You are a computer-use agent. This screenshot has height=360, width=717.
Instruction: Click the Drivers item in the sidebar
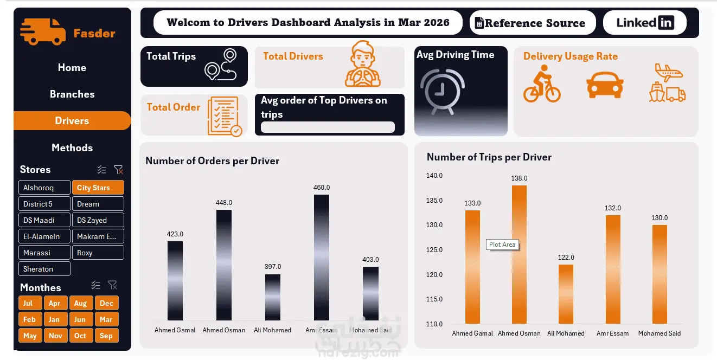[x=72, y=121]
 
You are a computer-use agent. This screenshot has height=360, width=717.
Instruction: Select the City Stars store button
[x=98, y=188]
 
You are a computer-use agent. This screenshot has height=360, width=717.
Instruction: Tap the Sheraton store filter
[x=44, y=269]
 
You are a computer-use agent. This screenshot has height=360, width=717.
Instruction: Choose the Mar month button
[x=106, y=319]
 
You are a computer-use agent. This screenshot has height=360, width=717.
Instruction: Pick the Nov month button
[x=55, y=336]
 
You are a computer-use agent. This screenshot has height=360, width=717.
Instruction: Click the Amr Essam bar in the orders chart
[x=322, y=258]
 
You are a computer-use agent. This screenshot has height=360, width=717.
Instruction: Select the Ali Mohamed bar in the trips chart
[x=566, y=294]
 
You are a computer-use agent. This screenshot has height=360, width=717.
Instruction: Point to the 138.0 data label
[x=519, y=178]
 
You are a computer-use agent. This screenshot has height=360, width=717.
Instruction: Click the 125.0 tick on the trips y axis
[x=434, y=249]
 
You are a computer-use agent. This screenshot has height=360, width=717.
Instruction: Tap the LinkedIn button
[x=645, y=23]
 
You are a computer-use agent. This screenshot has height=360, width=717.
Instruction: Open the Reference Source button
[x=532, y=23]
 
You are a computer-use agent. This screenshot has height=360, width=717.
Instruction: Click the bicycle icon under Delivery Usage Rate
[x=542, y=83]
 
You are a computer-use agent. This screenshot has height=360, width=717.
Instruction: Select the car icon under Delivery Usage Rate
[x=605, y=85]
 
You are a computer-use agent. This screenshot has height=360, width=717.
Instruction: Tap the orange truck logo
[x=42, y=31]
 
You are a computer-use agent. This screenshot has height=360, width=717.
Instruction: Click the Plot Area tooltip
[x=502, y=245]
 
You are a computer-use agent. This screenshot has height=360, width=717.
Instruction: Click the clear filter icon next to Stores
[x=118, y=169]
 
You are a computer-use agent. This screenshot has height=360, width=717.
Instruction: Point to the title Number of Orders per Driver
[x=212, y=160]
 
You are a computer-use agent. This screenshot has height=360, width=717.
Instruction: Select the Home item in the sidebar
[x=72, y=68]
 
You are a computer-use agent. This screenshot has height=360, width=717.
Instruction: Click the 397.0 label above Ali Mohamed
[x=273, y=267]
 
